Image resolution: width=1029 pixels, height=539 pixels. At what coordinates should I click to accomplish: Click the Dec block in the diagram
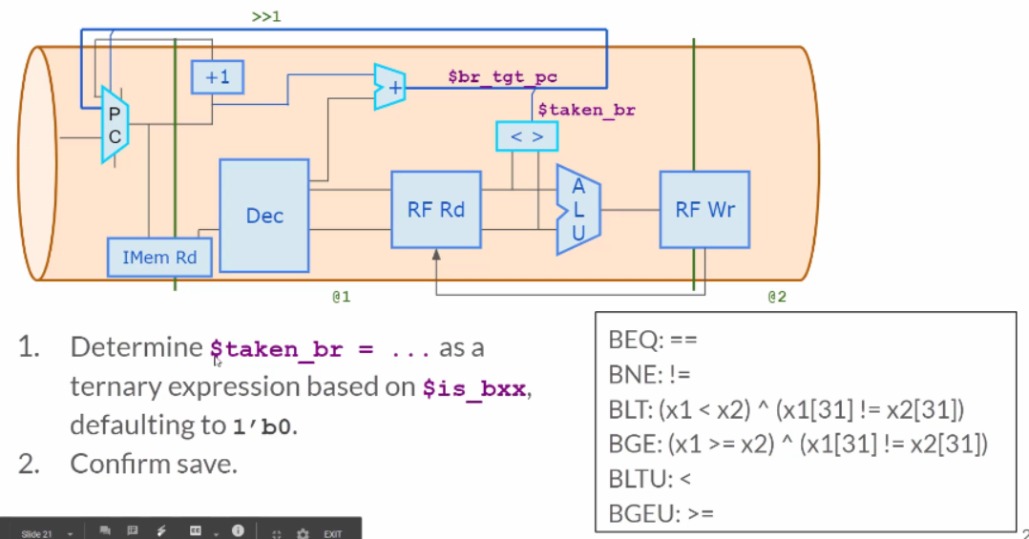pos(263,216)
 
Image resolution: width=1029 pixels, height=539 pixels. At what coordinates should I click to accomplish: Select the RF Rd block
pos(435,210)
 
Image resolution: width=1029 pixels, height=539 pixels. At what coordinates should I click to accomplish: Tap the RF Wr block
pos(704,210)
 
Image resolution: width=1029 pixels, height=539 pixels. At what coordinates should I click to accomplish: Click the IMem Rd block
pos(159,257)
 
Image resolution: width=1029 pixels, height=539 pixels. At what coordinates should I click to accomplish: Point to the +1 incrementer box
pos(218,76)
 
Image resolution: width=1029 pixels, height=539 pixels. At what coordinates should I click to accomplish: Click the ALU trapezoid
pos(577,210)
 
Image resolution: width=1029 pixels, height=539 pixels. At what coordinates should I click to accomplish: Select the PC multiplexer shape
pos(115,125)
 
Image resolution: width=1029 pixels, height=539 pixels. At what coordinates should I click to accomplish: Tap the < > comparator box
pos(527,136)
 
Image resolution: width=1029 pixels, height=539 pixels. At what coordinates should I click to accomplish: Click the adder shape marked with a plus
pos(389,87)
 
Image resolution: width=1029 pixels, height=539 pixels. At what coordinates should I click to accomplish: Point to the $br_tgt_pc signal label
pos(503,76)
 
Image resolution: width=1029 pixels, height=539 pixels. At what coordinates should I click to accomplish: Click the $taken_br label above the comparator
pos(587,110)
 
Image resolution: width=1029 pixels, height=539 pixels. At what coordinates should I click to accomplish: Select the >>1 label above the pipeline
pos(266,16)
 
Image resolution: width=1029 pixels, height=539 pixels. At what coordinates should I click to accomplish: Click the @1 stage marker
pos(342,297)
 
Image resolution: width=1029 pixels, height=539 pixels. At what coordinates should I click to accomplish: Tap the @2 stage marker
pos(777,297)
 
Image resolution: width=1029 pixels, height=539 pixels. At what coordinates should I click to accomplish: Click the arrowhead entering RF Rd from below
pos(436,255)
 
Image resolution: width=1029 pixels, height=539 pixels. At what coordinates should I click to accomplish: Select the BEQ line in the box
pos(653,340)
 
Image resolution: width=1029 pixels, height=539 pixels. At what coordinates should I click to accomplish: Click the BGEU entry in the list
pos(661,513)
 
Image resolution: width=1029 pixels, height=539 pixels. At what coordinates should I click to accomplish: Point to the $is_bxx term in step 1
pos(473,388)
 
